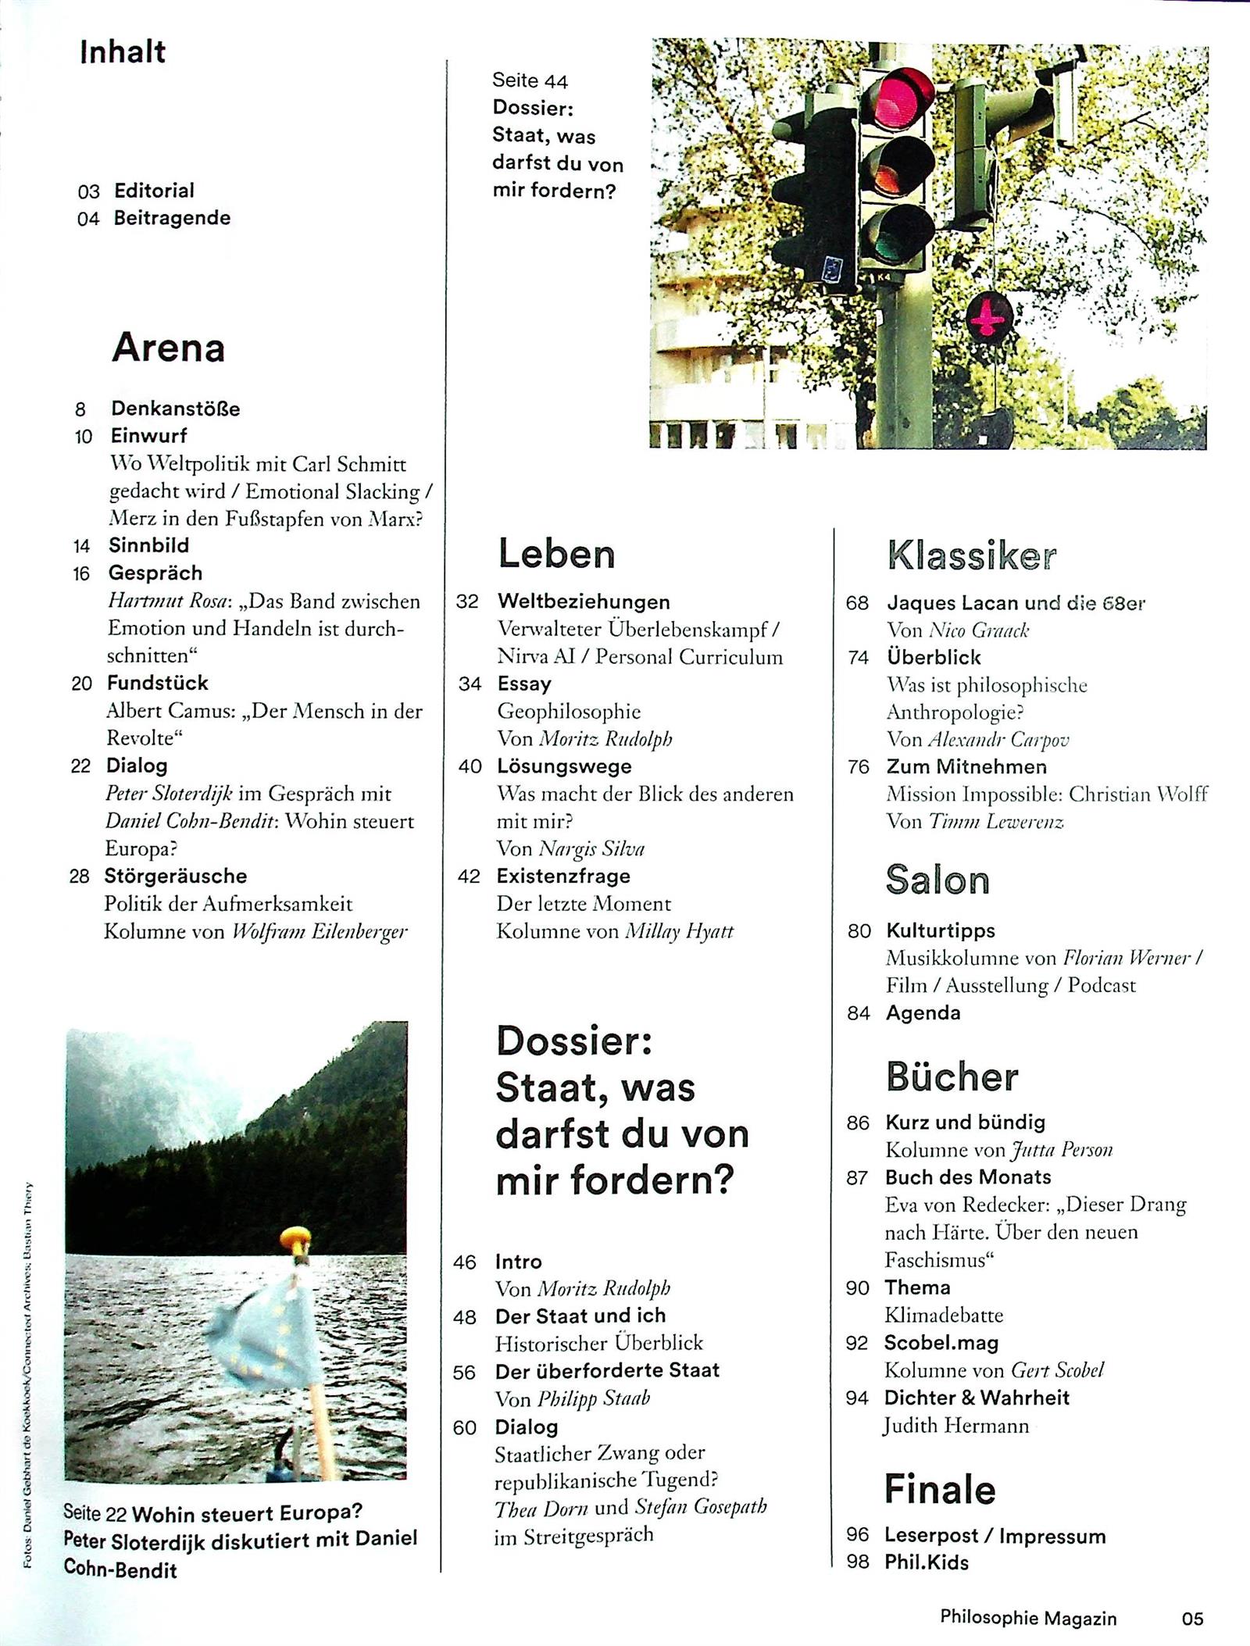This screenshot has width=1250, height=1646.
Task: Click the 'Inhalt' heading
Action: (123, 52)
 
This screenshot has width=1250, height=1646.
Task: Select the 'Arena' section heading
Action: (168, 348)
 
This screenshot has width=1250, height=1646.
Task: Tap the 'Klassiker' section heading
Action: (972, 555)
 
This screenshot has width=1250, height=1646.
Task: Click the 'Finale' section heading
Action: (940, 1490)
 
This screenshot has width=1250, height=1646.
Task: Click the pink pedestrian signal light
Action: (990, 316)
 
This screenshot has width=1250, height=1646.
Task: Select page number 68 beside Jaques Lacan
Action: (857, 603)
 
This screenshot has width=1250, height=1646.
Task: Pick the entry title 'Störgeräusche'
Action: (176, 876)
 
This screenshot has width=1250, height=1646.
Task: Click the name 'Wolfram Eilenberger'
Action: (320, 931)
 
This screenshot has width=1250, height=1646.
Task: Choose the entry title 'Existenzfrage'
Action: (563, 876)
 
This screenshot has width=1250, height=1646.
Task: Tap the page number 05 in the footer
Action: (1193, 1618)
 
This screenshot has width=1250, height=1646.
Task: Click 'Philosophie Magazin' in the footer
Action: (1028, 1618)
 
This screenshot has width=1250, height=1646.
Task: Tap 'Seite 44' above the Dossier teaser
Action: (530, 80)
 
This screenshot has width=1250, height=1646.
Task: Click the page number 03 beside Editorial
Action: (89, 191)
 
